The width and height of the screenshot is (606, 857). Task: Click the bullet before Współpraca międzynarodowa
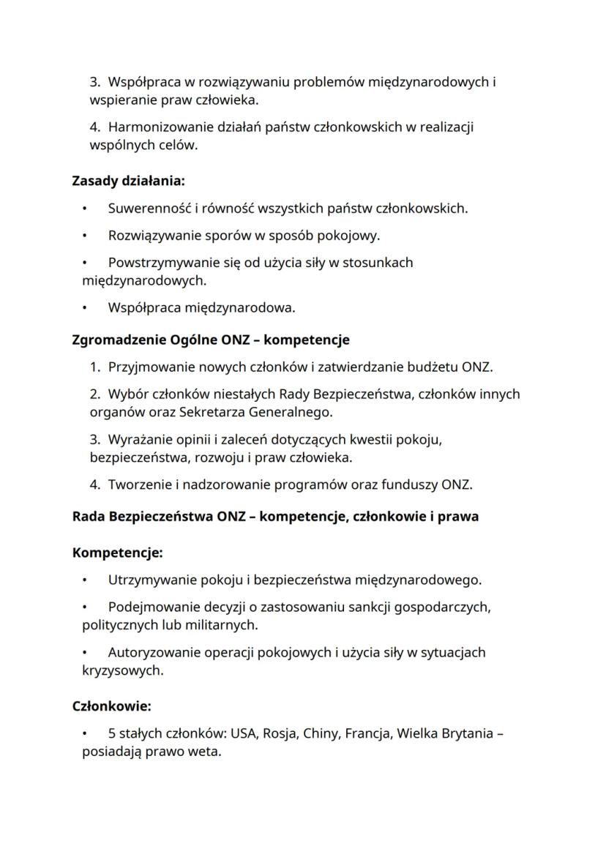coord(86,308)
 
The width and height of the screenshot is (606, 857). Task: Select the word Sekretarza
coord(210,412)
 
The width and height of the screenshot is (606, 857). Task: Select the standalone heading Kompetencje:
coord(117,553)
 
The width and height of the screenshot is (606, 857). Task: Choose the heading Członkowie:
coord(111,706)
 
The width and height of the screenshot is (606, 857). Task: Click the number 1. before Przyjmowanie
coord(95,367)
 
